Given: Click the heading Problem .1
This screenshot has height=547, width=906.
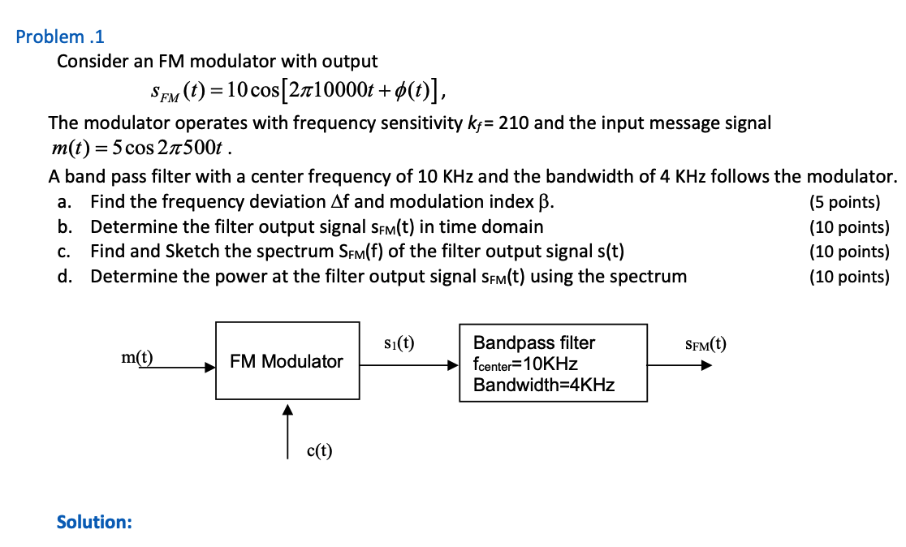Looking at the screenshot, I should point(60,37).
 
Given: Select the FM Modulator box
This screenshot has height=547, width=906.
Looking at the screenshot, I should point(287,361).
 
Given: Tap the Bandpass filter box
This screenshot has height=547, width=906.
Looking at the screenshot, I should point(553,363).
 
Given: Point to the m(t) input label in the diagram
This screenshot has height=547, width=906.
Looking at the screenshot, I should point(137,356).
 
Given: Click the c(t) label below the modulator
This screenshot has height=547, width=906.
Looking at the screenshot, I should point(319,450).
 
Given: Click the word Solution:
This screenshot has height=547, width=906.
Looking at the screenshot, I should point(94,522).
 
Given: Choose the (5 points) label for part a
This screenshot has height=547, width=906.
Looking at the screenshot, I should point(844,202).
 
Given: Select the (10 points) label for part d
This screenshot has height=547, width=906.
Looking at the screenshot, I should point(848,277).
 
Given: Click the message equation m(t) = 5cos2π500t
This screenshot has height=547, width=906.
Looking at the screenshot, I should point(143,149).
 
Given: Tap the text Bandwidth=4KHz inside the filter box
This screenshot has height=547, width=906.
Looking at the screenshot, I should point(544,385).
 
